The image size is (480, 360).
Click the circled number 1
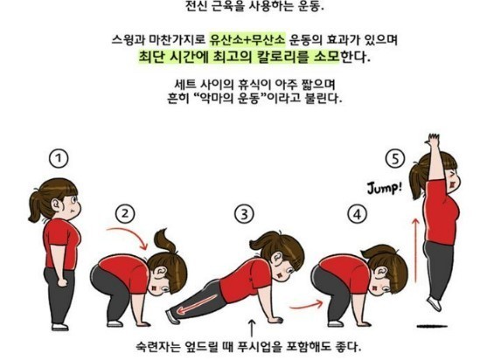tap(58, 158)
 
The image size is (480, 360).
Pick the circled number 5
tap(398, 159)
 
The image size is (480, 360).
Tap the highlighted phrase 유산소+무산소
tap(247, 40)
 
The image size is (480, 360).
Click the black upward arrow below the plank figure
tap(253, 327)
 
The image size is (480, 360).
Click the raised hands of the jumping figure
tap(432, 143)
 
